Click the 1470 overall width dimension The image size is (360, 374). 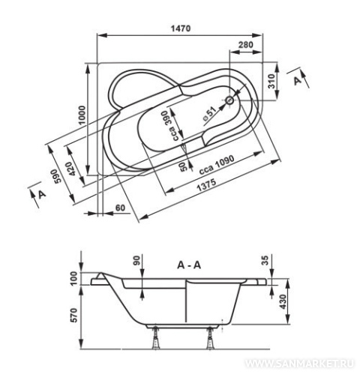(x=181, y=28)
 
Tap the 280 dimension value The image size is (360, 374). (x=245, y=45)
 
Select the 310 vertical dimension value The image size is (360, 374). (x=271, y=81)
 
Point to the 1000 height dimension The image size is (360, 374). (x=82, y=115)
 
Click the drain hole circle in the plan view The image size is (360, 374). (x=229, y=100)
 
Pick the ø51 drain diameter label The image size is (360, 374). (x=208, y=115)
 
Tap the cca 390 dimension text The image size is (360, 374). (x=172, y=126)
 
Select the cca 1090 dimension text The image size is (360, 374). (x=217, y=165)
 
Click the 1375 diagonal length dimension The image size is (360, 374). (x=206, y=185)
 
